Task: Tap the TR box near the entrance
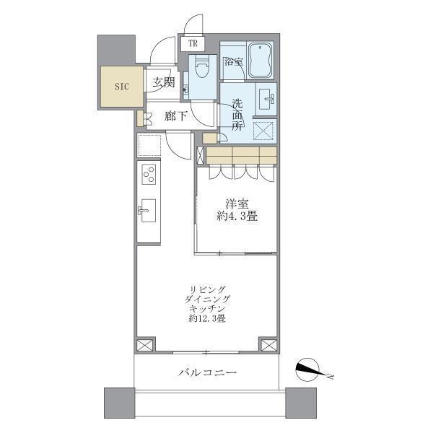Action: (193, 43)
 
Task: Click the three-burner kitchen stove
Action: (148, 175)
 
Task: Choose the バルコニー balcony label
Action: (208, 372)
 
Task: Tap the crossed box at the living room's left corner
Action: (145, 345)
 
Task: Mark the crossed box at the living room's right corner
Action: (268, 345)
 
